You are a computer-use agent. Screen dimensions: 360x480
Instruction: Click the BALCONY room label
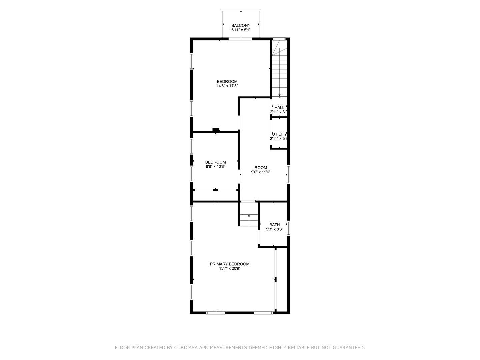coord(241,25)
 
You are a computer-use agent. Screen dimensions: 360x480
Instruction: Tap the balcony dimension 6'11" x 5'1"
coord(241,30)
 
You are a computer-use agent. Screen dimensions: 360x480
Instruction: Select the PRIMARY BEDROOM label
coord(229,264)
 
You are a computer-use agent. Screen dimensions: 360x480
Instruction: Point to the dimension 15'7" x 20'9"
coord(229,269)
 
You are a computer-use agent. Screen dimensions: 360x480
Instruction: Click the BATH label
coord(274,225)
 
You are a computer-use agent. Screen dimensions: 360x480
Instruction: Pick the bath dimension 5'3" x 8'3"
coord(274,229)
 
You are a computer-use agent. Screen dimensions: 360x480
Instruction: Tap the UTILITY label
coord(279,134)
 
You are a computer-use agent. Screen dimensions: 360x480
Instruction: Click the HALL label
coord(279,107)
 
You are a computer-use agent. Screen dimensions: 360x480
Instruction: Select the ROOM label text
coord(261,168)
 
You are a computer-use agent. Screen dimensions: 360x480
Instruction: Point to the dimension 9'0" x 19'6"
coord(261,172)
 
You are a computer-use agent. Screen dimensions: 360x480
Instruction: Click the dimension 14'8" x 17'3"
coord(227,86)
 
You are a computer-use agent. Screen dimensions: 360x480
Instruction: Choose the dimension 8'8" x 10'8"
coord(215,167)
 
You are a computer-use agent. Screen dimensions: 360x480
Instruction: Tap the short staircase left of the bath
coord(249,219)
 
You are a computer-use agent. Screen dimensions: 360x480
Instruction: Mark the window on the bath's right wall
coord(288,228)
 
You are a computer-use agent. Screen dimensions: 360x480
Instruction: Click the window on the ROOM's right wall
coord(288,174)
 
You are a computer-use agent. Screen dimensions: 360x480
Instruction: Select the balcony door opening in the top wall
coord(240,39)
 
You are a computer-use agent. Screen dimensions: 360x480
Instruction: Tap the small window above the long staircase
coord(279,39)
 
